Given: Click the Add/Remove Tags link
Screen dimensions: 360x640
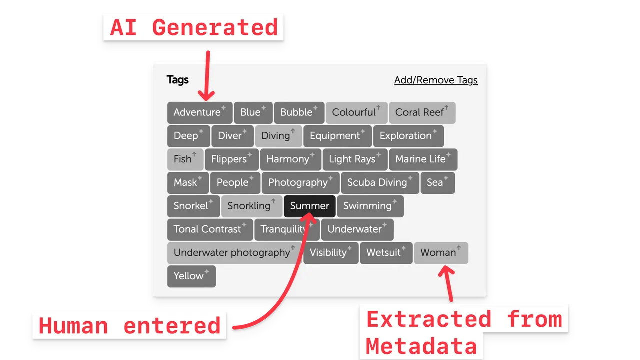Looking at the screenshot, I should [x=436, y=80].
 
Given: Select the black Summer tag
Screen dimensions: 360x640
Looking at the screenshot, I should [x=309, y=206].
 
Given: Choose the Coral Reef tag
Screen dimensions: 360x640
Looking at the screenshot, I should [x=422, y=112].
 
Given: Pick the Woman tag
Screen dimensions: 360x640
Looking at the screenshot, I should [x=440, y=253].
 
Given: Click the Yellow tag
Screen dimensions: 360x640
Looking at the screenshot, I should [x=191, y=276].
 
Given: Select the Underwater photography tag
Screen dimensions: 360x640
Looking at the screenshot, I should [x=234, y=253].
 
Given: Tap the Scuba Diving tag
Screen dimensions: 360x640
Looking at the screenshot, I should [x=379, y=183].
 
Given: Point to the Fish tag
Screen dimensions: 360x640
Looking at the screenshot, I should [x=185, y=159].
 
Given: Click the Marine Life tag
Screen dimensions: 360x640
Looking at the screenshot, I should [x=422, y=159].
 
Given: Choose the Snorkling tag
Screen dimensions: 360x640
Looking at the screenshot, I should [x=251, y=206].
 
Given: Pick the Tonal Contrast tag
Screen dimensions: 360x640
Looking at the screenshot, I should [x=209, y=229].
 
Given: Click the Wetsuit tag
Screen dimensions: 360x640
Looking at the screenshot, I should [x=385, y=253].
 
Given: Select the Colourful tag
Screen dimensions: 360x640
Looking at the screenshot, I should [x=356, y=112].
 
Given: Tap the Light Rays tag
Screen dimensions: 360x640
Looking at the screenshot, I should [x=354, y=159].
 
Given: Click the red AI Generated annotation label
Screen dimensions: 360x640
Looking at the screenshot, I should [x=194, y=27].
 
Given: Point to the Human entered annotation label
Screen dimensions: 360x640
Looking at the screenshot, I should [x=130, y=326].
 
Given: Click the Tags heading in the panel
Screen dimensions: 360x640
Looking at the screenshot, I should [x=178, y=80].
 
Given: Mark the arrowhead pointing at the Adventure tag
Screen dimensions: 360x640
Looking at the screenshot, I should [x=206, y=95].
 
